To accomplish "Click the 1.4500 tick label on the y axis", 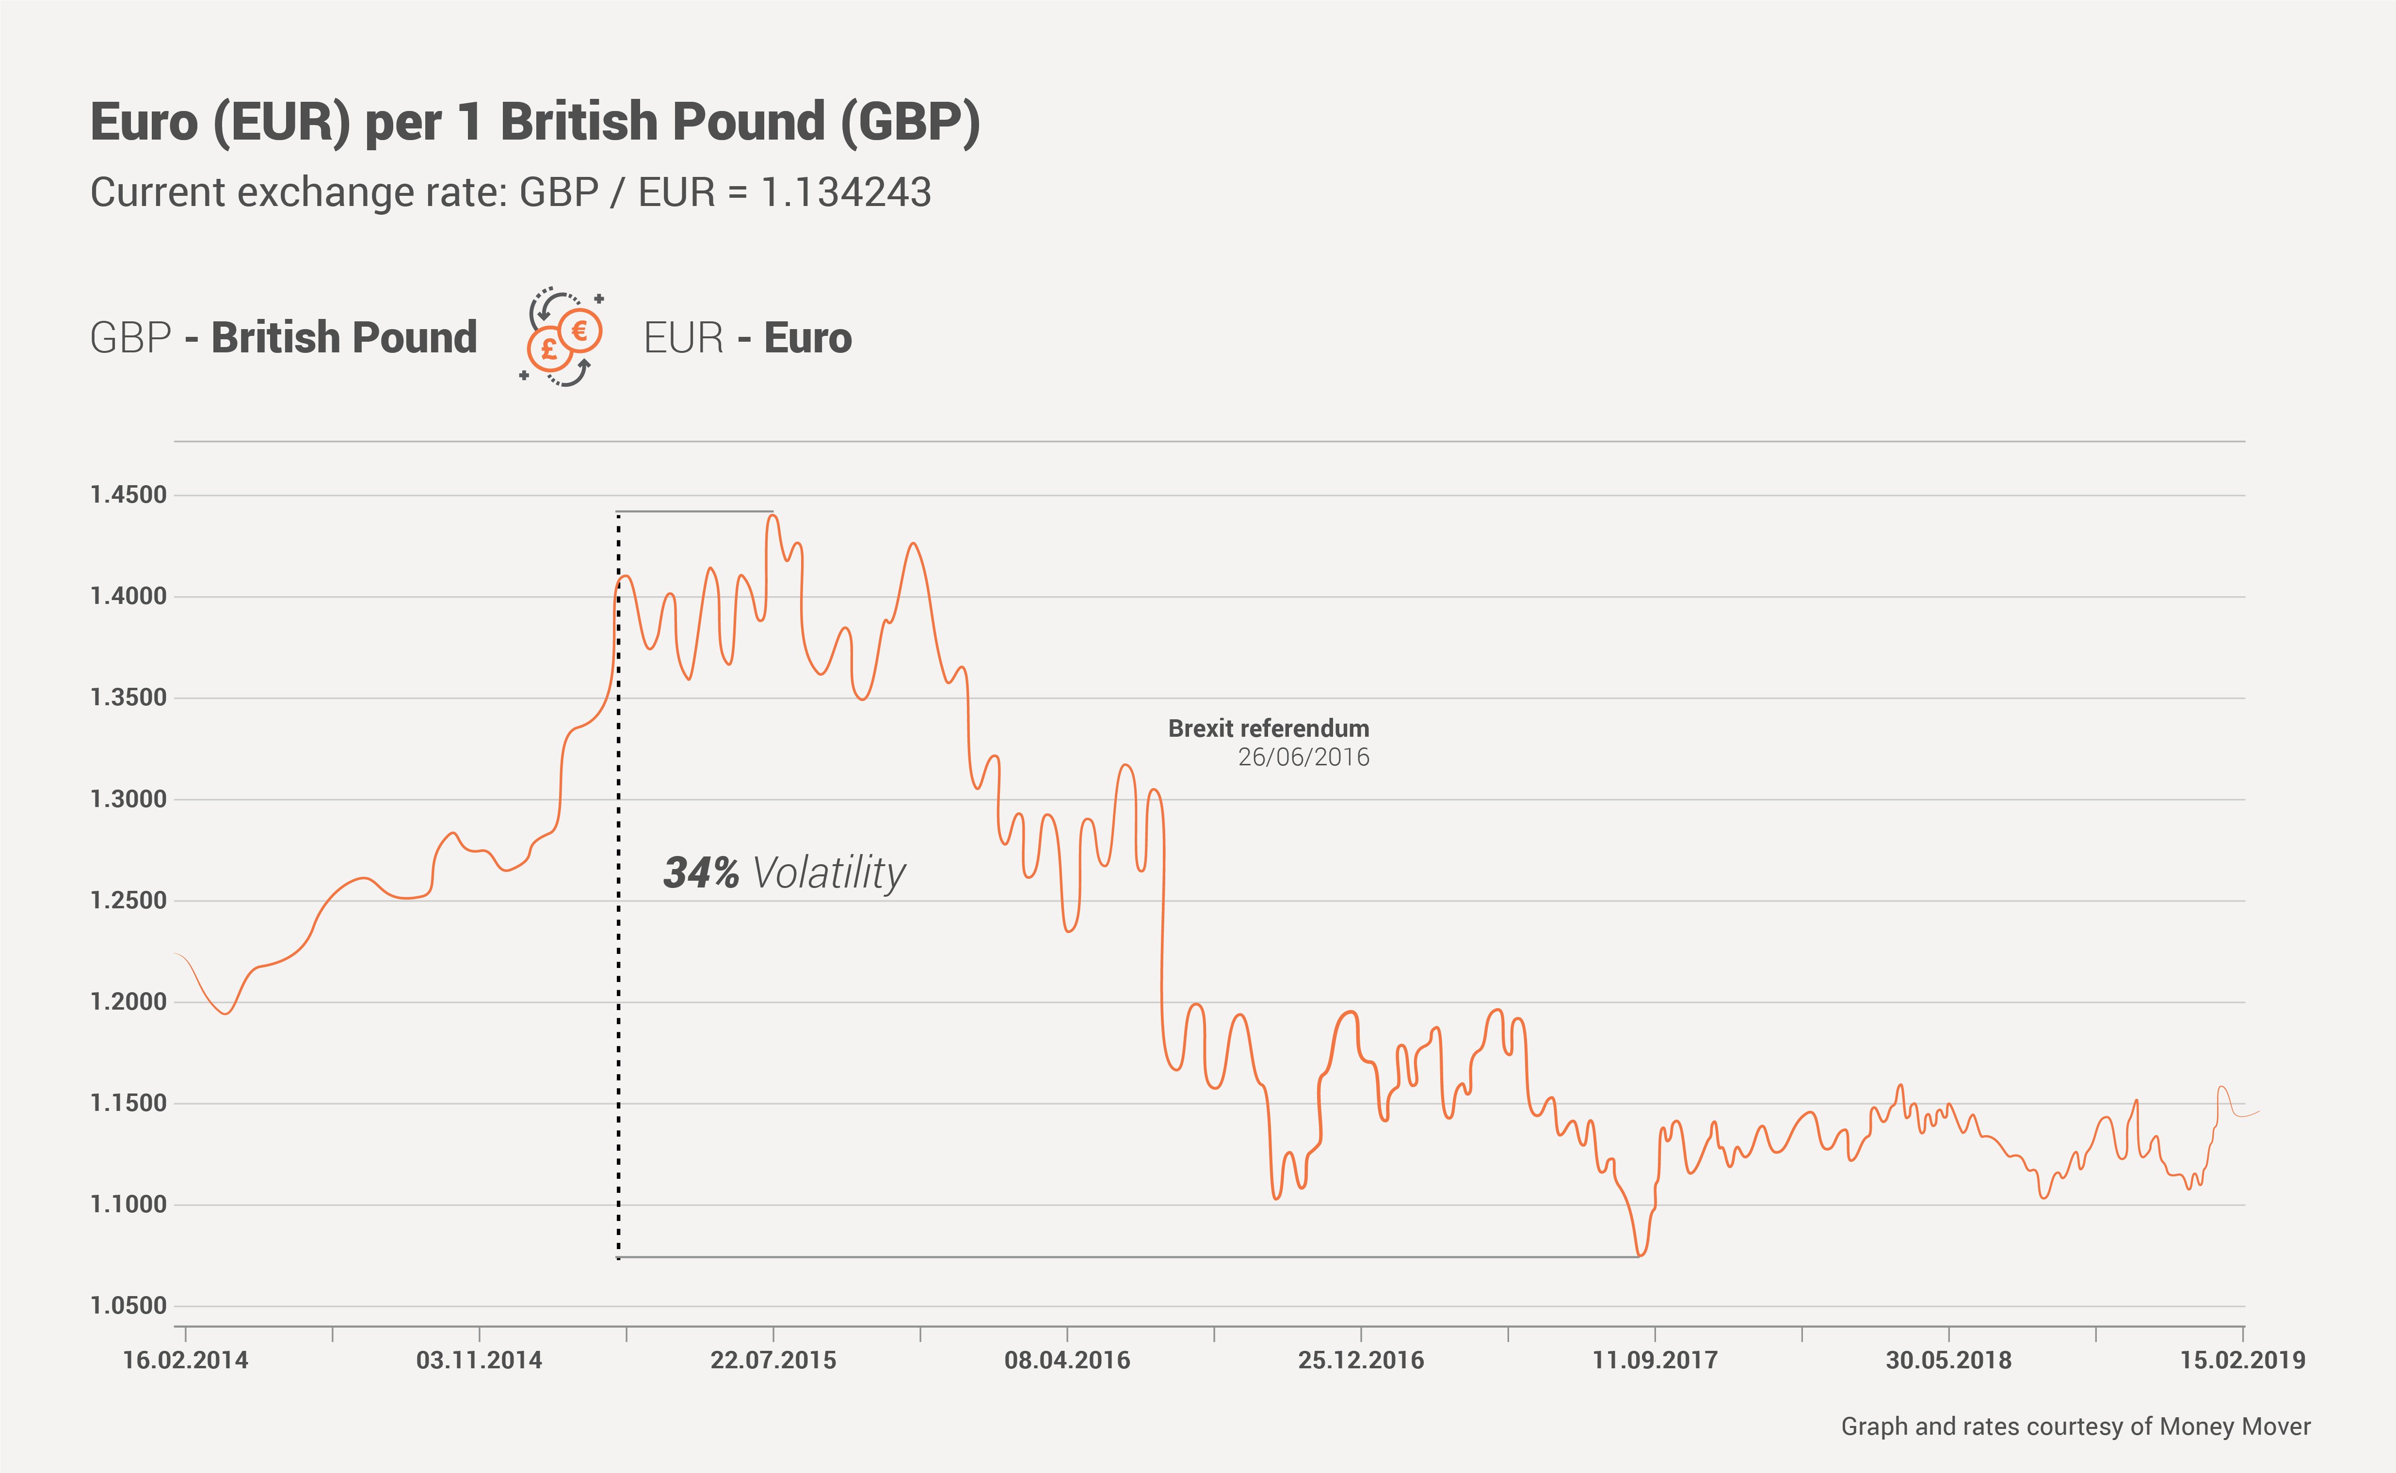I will pyautogui.click(x=129, y=495).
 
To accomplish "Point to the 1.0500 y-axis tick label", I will pyautogui.click(x=129, y=1305).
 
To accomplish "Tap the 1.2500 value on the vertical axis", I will pyautogui.click(x=129, y=900).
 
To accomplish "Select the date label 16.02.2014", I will pyautogui.click(x=185, y=1360).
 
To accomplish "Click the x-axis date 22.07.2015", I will pyautogui.click(x=772, y=1360).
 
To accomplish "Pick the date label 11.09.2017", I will pyautogui.click(x=1655, y=1360).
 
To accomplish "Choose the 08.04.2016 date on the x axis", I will pyautogui.click(x=1067, y=1360).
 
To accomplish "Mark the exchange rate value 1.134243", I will pyautogui.click(x=846, y=193).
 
